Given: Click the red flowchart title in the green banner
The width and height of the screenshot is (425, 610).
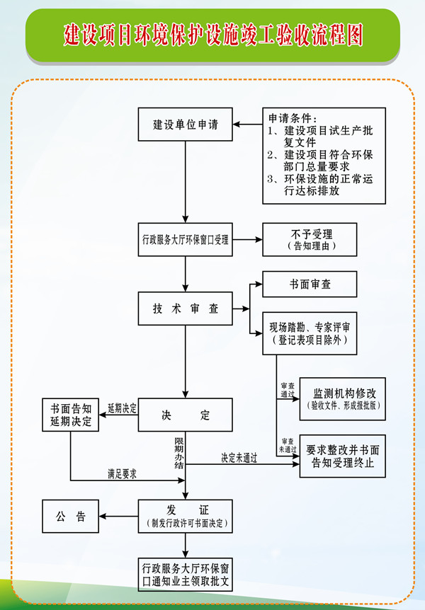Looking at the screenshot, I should point(212,35).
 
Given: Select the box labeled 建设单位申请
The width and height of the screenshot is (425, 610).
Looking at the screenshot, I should point(186,125).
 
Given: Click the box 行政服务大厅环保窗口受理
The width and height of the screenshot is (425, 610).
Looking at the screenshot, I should point(186,240).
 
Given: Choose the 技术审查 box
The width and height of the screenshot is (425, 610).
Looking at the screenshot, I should point(186,309).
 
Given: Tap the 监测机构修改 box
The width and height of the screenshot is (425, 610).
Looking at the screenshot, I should point(343,399).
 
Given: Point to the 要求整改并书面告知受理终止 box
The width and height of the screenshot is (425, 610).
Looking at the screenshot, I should point(343,456).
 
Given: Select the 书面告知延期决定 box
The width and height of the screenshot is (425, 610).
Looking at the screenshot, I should point(71,415).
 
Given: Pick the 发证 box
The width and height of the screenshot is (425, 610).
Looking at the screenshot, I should point(186,515).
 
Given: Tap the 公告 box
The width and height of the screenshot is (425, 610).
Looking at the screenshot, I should point(71,515).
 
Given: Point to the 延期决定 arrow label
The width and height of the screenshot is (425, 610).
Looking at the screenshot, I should point(122,408).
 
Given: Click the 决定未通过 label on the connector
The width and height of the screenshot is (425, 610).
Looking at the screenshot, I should point(239,457).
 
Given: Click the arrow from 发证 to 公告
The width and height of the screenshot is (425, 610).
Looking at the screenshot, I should point(119,515).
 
